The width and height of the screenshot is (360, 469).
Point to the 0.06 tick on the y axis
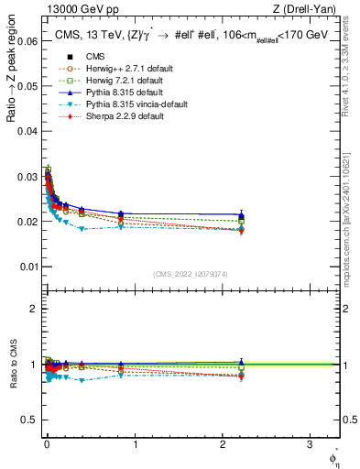26,41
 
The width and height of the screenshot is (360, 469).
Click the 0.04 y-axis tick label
26,131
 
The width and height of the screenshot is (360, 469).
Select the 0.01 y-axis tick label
26,267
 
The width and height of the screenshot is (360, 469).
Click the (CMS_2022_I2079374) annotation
191,273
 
